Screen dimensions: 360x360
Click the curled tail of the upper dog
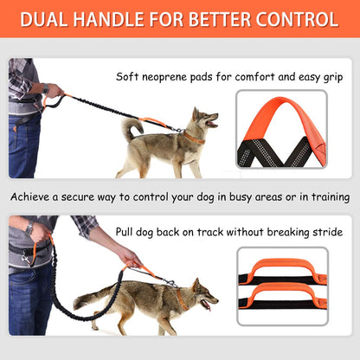tap(132, 130)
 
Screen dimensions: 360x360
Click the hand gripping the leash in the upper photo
tap(53, 90)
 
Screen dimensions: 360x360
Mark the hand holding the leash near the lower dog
tap(129, 257)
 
